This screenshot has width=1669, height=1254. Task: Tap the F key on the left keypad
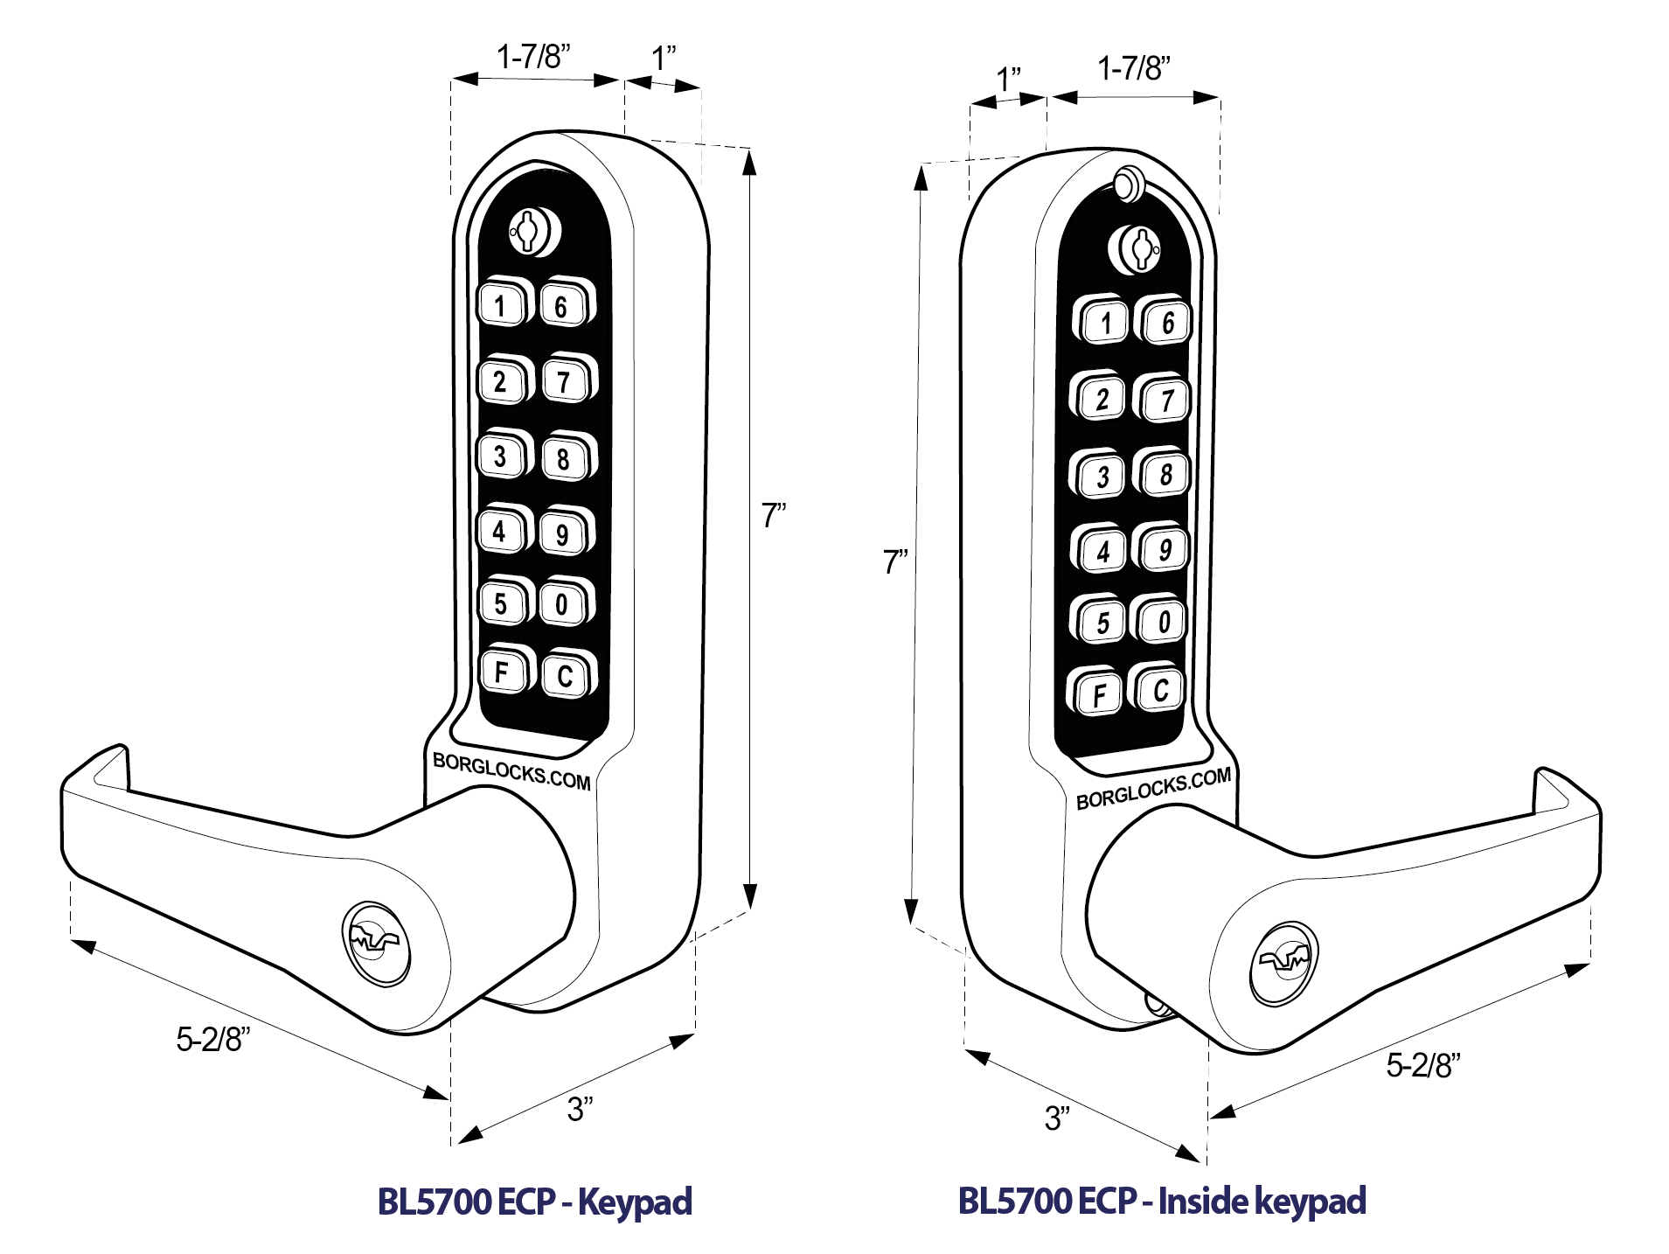[502, 672]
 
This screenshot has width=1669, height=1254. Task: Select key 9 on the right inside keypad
[1165, 550]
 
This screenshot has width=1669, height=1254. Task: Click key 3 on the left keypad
[500, 456]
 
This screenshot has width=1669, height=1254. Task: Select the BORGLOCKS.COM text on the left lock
[512, 771]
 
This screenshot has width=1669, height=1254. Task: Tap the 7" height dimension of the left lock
[773, 516]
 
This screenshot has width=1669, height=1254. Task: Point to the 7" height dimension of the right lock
[894, 561]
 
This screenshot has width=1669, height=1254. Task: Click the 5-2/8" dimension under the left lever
[212, 1040]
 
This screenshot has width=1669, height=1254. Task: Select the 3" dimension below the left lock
[580, 1109]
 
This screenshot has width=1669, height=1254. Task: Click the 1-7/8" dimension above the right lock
[1133, 68]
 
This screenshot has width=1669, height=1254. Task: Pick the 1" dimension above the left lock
[664, 59]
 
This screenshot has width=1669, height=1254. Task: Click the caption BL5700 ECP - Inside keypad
[1162, 1201]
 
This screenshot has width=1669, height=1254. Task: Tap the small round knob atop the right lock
[1127, 184]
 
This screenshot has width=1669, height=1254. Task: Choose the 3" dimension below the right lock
[1056, 1118]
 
